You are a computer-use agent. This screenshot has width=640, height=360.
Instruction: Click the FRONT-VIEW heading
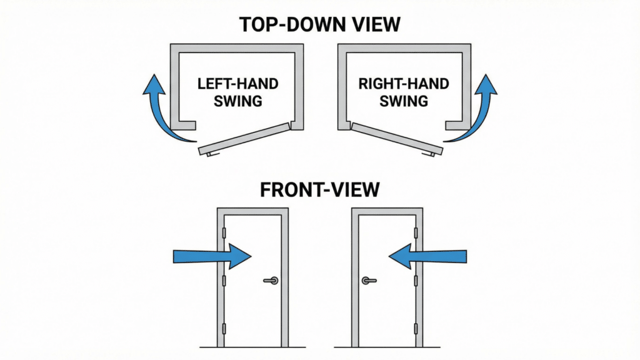[x=320, y=189]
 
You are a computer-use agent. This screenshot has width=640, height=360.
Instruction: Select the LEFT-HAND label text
[x=237, y=84]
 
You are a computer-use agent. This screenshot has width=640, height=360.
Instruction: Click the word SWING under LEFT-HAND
[x=237, y=101]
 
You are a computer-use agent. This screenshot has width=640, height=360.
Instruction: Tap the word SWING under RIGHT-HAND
[x=403, y=101]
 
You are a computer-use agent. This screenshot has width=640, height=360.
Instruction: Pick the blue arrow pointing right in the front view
[x=211, y=256]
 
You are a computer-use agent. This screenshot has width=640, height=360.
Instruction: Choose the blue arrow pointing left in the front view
[x=428, y=256]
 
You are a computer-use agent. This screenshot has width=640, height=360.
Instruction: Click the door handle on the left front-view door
[x=271, y=281]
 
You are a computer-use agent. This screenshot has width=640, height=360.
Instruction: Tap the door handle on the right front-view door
[x=368, y=281]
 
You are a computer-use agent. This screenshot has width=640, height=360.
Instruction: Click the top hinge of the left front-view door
[x=224, y=233]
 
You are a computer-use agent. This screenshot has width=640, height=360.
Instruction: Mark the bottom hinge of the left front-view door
[x=224, y=329]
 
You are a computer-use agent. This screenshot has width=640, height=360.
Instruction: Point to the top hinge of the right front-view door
[x=415, y=233]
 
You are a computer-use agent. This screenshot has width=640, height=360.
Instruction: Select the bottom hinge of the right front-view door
[x=415, y=329]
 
